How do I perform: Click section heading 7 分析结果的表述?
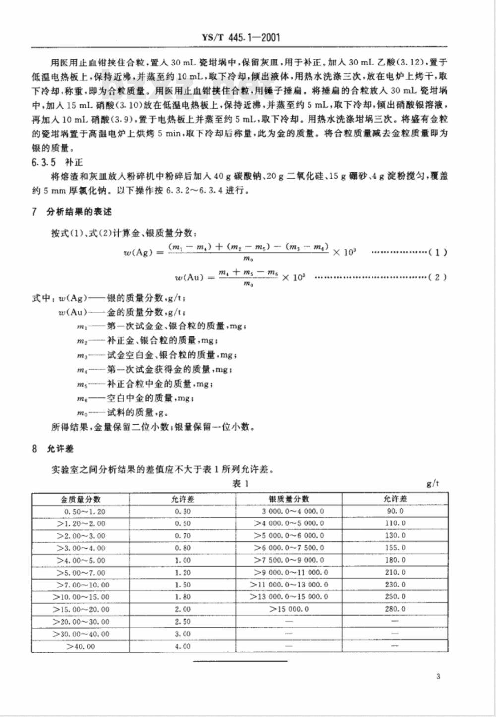pos(72,212)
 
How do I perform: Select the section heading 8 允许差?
pos(53,449)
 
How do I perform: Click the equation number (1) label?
pos(437,252)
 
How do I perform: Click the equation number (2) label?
pos(437,277)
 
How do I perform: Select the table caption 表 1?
pos(241,483)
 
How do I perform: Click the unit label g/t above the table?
pos(433,483)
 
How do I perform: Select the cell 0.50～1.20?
pos(84,511)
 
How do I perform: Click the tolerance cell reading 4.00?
pos(183,646)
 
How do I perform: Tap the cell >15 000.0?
pos(289,609)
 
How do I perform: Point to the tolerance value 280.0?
pos(395,609)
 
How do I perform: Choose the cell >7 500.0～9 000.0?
pos(289,560)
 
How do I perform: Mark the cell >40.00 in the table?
pos(80,646)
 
